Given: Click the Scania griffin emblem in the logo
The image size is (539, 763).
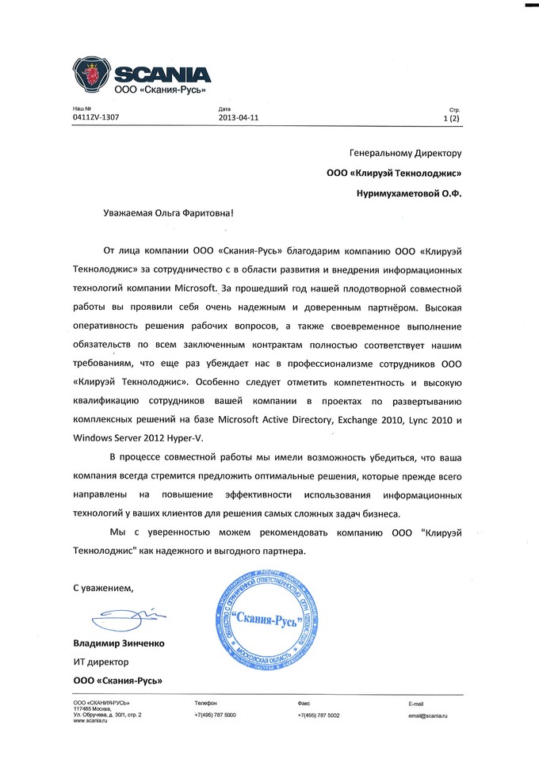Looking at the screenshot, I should (91, 78).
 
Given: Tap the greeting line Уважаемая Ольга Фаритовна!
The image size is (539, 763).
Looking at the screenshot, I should (170, 215).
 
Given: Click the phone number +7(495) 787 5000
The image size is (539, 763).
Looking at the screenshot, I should (215, 715).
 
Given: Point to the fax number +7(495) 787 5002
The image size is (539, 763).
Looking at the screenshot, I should (319, 715).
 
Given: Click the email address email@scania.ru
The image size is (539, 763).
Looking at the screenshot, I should (428, 715).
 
